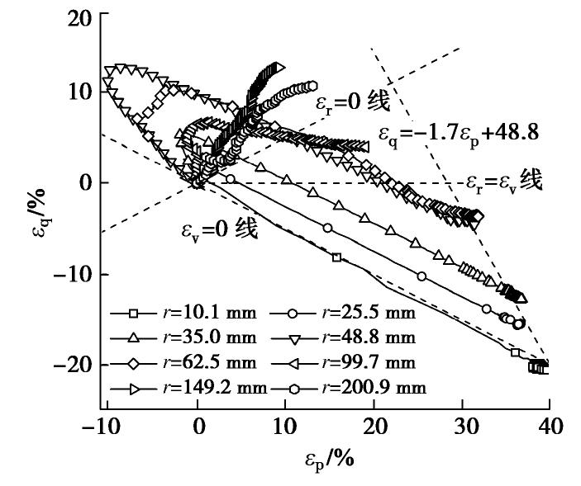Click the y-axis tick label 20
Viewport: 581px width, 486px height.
click(81, 17)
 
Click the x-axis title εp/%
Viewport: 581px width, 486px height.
click(328, 456)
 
